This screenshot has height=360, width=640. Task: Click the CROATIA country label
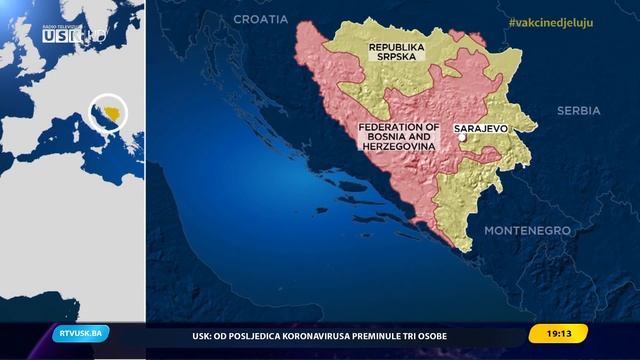click(x=261, y=19)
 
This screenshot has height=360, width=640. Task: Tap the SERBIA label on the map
click(x=579, y=110)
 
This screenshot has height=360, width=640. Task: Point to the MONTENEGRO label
click(x=527, y=230)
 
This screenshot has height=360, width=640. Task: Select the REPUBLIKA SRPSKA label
click(x=397, y=53)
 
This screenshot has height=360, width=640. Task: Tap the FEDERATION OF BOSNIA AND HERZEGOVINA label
click(x=399, y=137)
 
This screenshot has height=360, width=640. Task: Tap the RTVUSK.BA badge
click(x=81, y=334)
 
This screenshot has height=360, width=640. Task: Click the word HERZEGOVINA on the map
click(x=399, y=146)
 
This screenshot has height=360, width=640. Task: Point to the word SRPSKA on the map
click(x=397, y=59)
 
